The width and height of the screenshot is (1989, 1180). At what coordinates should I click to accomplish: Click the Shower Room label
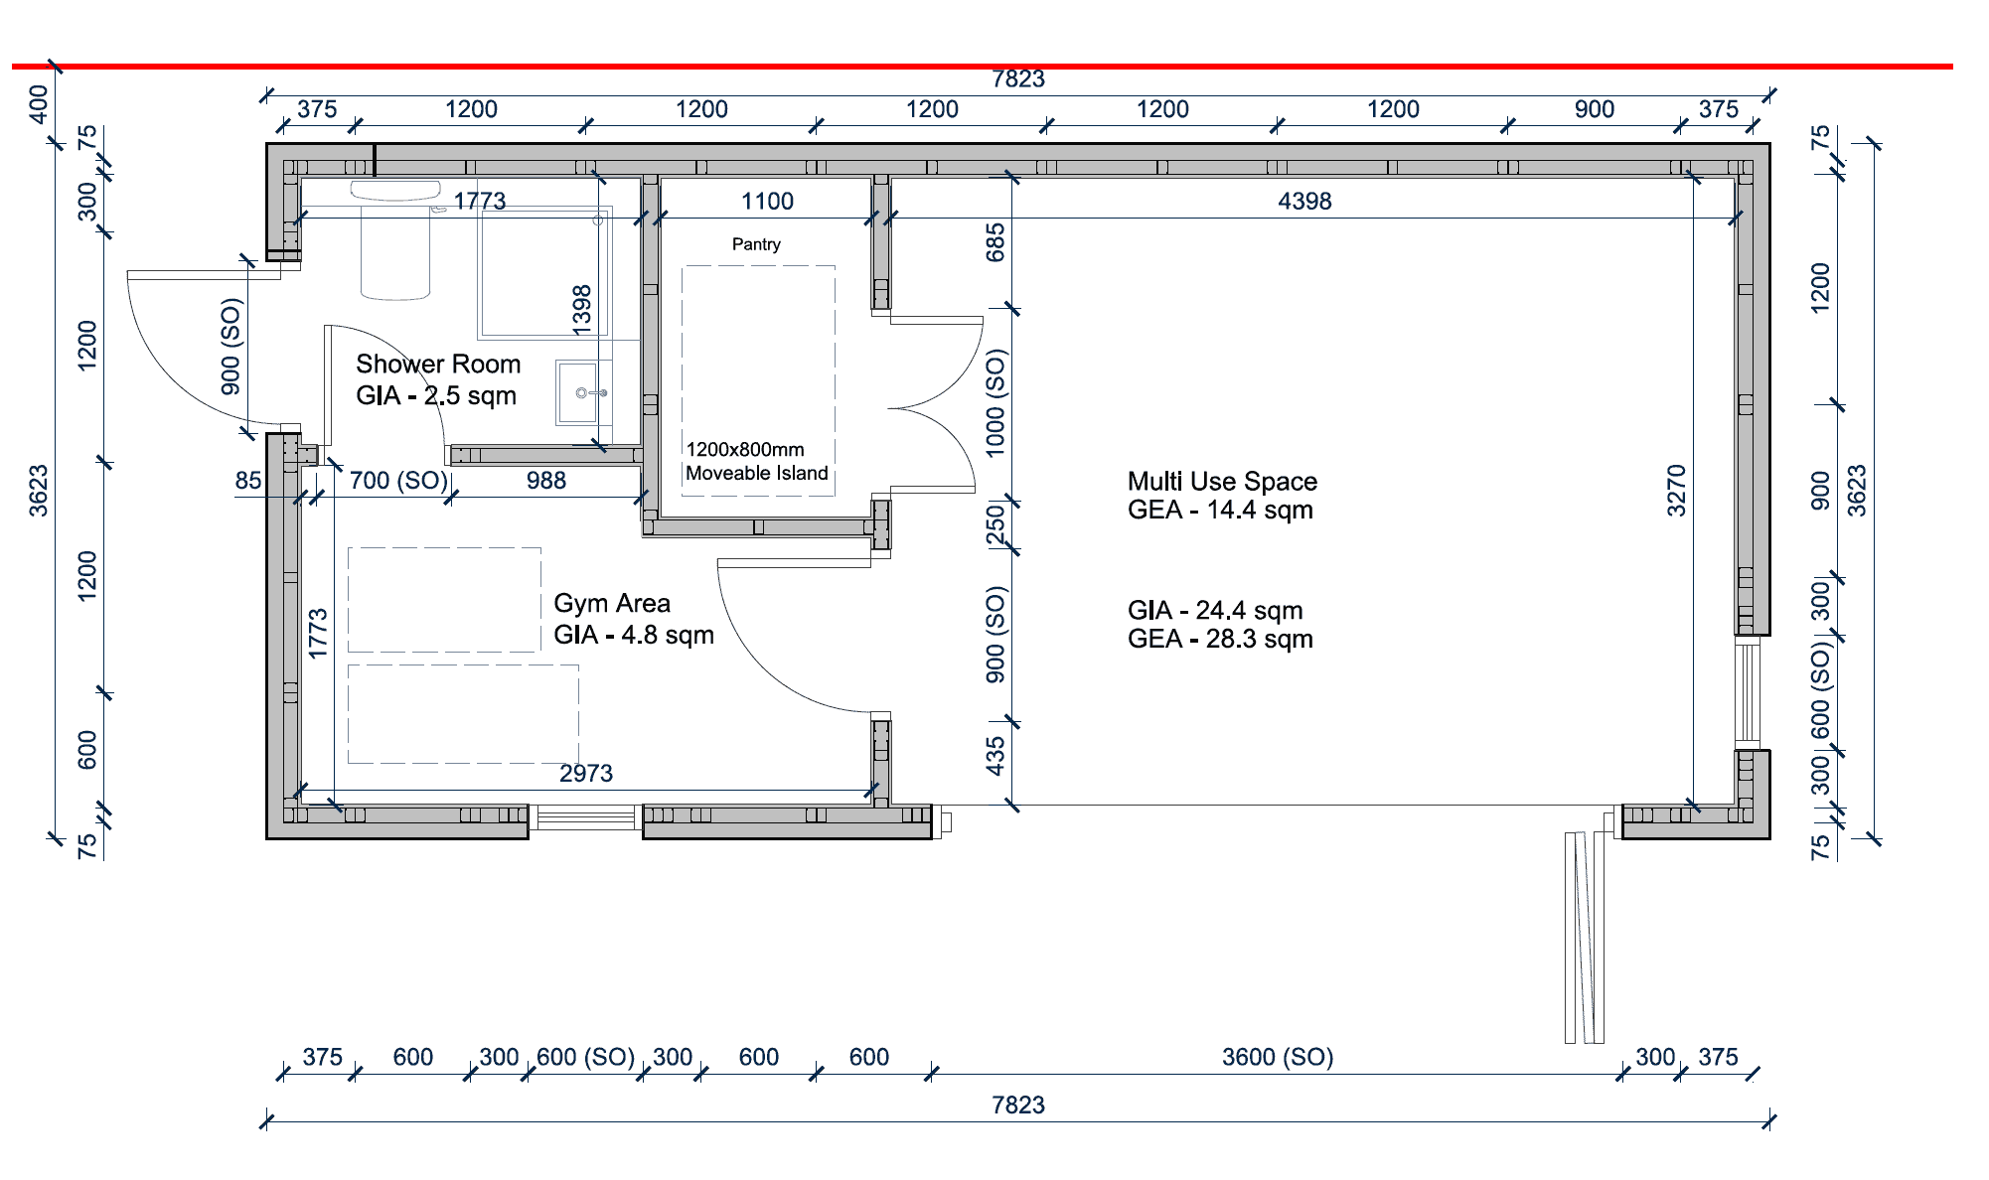(438, 365)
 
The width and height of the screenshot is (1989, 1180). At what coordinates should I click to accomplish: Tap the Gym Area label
(612, 604)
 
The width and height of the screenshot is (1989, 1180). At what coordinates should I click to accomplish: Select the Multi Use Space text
(1222, 482)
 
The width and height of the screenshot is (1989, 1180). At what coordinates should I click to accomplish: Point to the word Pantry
(756, 244)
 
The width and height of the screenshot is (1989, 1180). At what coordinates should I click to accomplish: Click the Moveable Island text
(756, 474)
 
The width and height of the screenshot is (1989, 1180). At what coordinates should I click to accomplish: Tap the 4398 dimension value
(1304, 202)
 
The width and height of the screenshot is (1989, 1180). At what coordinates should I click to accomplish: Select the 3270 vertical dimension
(1677, 491)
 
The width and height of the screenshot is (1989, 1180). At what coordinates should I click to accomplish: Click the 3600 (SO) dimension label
(1278, 1057)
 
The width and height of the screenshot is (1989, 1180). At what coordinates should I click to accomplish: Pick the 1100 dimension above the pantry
(767, 202)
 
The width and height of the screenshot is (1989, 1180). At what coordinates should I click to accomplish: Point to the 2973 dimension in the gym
(586, 774)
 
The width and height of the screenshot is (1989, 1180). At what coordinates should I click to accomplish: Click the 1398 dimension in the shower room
(582, 309)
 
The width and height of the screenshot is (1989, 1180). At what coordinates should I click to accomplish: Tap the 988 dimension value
(546, 481)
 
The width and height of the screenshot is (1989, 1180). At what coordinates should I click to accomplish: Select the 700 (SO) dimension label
(398, 481)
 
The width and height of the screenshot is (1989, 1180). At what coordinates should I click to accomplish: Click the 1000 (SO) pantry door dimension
(995, 403)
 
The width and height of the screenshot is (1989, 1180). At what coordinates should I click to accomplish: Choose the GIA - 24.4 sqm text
(1215, 611)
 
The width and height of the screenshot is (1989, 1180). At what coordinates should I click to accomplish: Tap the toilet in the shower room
(395, 238)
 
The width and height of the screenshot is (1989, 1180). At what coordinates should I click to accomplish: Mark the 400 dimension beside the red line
(39, 104)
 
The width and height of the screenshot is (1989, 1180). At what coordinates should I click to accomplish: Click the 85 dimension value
(248, 481)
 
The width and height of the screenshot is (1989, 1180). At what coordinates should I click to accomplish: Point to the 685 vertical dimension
(995, 242)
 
